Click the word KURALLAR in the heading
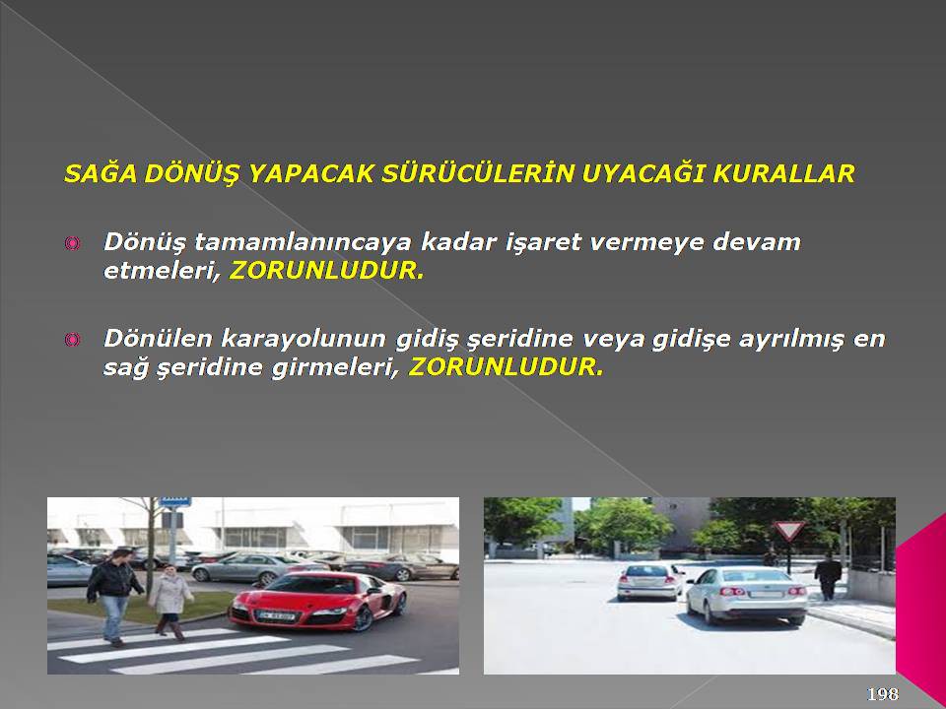click(x=783, y=173)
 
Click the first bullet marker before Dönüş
click(x=72, y=243)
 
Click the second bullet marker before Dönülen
click(x=72, y=340)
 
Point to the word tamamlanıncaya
click(x=303, y=242)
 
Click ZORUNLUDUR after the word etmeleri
click(x=326, y=271)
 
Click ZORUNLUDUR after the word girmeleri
click(x=507, y=367)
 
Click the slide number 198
click(x=883, y=694)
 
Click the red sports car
click(x=318, y=601)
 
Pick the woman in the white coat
click(x=170, y=601)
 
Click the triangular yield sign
click(x=789, y=530)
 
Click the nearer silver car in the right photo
click(x=747, y=595)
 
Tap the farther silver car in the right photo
click(x=649, y=582)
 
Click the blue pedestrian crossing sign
click(x=175, y=501)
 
